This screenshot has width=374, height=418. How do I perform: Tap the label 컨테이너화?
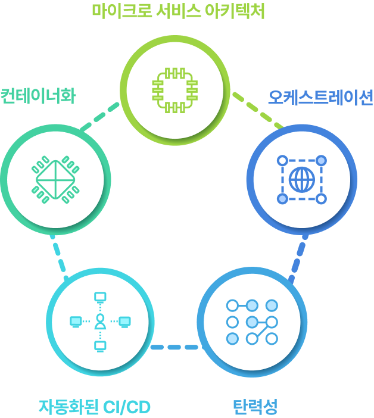tap(38, 96)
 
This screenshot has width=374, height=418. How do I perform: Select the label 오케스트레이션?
tap(320, 97)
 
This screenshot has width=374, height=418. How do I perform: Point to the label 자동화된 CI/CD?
tap(94, 407)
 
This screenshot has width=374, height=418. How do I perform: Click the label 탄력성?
tap(255, 407)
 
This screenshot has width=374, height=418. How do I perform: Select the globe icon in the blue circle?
tap(301, 179)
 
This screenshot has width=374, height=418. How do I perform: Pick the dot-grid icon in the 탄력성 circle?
tap(252, 322)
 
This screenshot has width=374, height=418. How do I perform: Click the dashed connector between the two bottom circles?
tap(175, 347)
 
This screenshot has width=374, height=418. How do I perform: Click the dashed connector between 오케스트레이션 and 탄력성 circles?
tap(298, 256)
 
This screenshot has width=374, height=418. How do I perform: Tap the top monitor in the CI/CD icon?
tap(100, 297)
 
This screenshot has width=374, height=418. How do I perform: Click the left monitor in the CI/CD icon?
tap(76, 322)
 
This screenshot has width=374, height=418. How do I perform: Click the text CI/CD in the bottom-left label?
tap(126, 407)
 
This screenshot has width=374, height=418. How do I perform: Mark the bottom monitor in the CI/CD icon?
tap(100, 345)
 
